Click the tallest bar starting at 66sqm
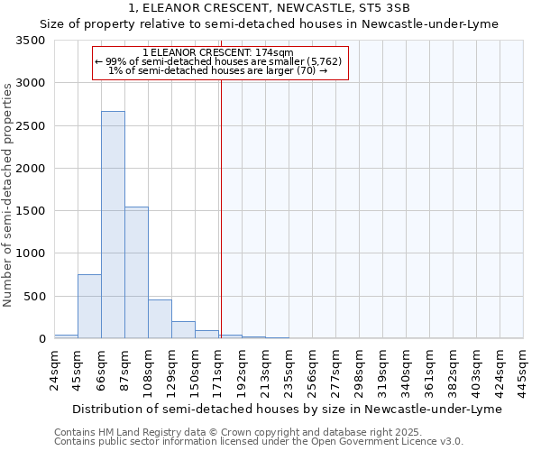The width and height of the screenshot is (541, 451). [x=113, y=225]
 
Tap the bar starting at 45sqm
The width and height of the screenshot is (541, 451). [x=89, y=306]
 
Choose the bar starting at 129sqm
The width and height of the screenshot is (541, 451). [x=183, y=330]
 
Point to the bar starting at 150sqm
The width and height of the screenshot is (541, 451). [x=206, y=335]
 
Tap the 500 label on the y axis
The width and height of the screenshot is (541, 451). [x=34, y=296]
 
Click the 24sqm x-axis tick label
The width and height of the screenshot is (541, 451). [x=55, y=370]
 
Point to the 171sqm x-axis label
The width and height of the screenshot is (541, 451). [x=219, y=370]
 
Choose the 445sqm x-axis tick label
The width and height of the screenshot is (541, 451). [x=524, y=370]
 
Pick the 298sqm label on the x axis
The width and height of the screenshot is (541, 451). [x=360, y=370]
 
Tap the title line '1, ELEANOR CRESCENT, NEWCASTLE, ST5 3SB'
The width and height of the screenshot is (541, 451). [x=270, y=8]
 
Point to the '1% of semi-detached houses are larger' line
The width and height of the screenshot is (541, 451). [x=217, y=70]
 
